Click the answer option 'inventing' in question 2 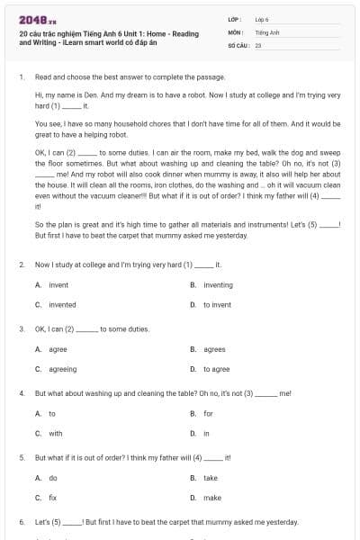tap(218, 284)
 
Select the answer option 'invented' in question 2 tap(62, 304)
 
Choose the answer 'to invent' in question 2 tap(217, 304)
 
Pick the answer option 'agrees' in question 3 tap(214, 349)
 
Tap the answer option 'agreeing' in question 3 tap(62, 369)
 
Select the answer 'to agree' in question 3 tap(216, 369)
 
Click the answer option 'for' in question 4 tap(208, 413)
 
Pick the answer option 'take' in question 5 tap(210, 478)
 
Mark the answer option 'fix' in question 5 tap(52, 497)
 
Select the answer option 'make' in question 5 tap(211, 497)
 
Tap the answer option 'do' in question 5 tap(52, 478)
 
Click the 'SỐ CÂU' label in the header tap(238, 43)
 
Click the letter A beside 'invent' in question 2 tap(38, 284)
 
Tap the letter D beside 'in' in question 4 tap(193, 433)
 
